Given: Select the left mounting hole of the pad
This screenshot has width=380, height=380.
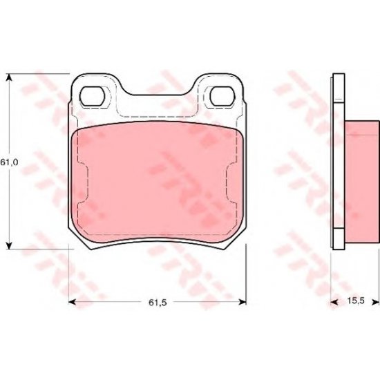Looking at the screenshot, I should pos(92,97).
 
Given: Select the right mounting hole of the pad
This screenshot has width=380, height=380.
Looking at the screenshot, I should pos(221,97).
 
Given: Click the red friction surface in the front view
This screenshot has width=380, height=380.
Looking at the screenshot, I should pos(158,180).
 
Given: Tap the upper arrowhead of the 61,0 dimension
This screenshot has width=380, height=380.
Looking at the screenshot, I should pos(9,77).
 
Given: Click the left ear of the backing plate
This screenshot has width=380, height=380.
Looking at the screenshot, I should pos(93,86).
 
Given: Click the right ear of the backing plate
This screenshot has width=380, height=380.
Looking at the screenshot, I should pos(222,86).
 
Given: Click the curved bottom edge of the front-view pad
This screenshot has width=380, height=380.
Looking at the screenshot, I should pos(158,239).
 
